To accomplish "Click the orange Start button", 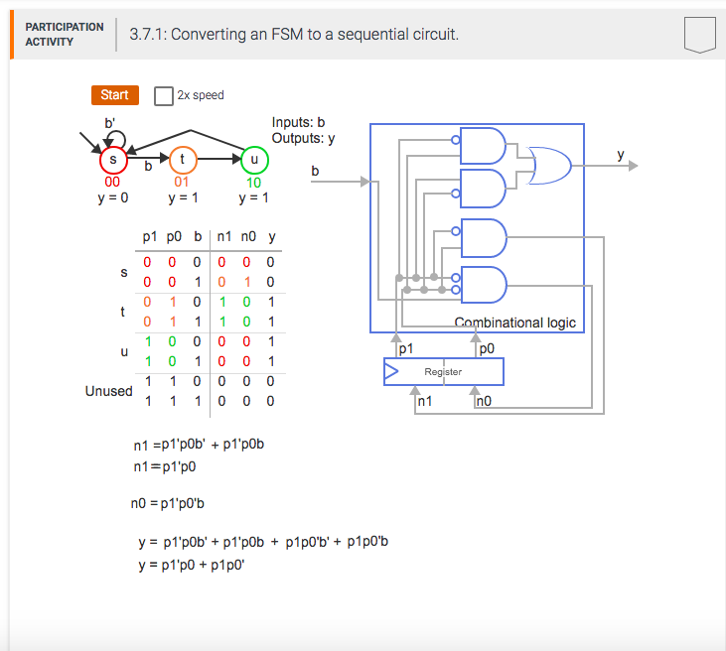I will (x=114, y=95).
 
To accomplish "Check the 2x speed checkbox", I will (x=164, y=95).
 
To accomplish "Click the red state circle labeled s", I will (x=112, y=159).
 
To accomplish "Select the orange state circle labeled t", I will (x=183, y=159).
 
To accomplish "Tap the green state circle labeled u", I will (x=254, y=159).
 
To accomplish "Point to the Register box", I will (x=443, y=372).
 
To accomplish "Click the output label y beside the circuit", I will (x=621, y=155).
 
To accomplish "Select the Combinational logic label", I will (x=514, y=323).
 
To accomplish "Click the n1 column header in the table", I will (x=224, y=237).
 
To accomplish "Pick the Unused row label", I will (x=108, y=391).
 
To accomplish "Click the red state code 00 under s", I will (x=112, y=183).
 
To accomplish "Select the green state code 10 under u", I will (x=254, y=183).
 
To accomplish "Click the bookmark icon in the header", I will (x=699, y=35).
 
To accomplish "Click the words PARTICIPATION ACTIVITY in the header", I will (x=64, y=35).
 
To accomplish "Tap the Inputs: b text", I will (x=298, y=122).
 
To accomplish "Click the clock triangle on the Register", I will (x=391, y=372).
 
